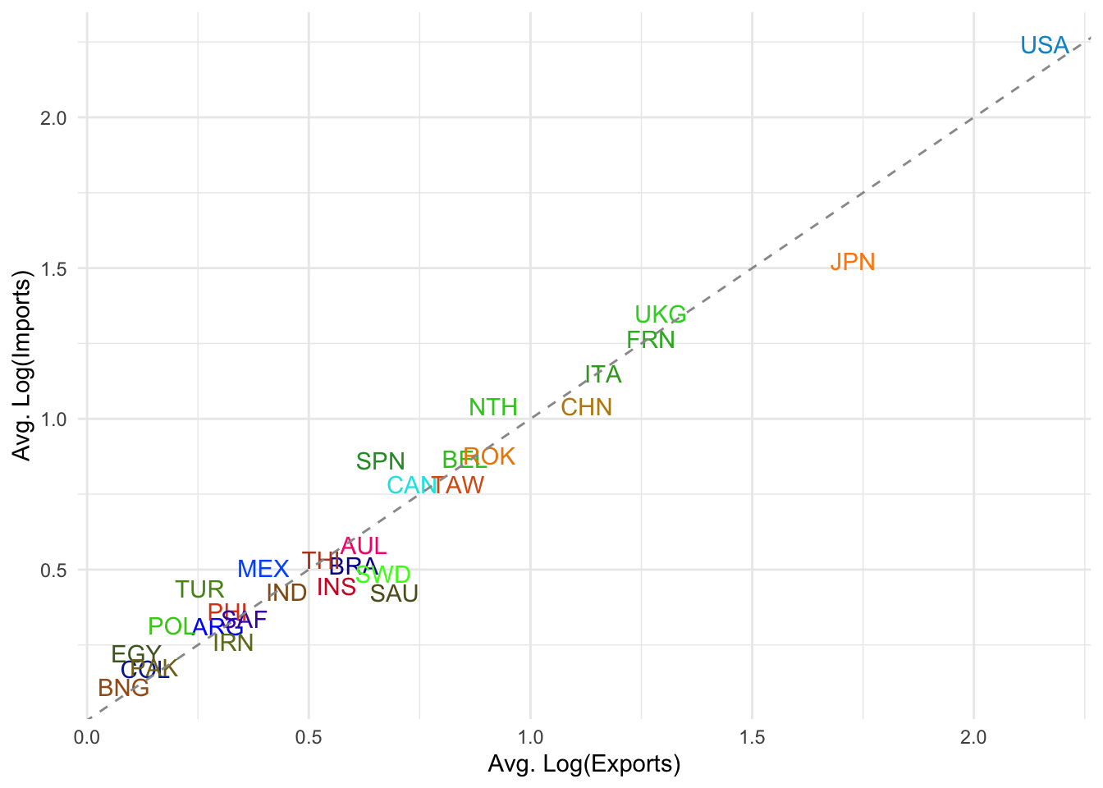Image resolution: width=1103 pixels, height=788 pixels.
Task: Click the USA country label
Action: pos(1045,46)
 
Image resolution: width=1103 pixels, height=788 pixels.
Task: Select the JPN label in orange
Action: pos(853,263)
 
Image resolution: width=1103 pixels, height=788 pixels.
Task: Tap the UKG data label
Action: pos(661,315)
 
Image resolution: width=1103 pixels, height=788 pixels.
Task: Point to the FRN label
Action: pos(651,341)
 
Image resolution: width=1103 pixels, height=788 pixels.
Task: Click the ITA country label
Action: pos(603,375)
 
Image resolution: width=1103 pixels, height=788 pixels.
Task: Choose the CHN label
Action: pos(587,408)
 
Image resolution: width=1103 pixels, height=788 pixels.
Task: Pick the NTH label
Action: pos(493,408)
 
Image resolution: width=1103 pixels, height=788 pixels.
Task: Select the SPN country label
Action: pos(381,462)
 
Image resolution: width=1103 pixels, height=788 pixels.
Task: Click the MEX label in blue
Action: pos(263,570)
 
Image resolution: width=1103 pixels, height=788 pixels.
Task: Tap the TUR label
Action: pos(200,590)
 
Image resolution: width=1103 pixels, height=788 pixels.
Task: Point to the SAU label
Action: pos(395,594)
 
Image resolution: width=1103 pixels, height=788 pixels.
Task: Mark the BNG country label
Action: pos(124,689)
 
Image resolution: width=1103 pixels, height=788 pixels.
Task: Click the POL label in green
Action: pos(170,627)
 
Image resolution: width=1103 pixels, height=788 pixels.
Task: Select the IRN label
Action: pos(233,644)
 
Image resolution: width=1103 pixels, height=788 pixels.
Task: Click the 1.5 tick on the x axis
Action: pos(752,738)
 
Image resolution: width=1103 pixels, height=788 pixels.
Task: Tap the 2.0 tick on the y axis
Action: pos(53,117)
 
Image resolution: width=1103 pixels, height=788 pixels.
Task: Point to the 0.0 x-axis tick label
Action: pos(86,738)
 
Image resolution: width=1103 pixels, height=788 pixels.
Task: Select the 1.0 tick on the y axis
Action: pos(53,419)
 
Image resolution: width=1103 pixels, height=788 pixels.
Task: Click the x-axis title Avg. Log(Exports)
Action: pos(584,765)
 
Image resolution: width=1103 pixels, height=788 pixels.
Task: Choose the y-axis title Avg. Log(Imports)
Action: pos(22,370)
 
